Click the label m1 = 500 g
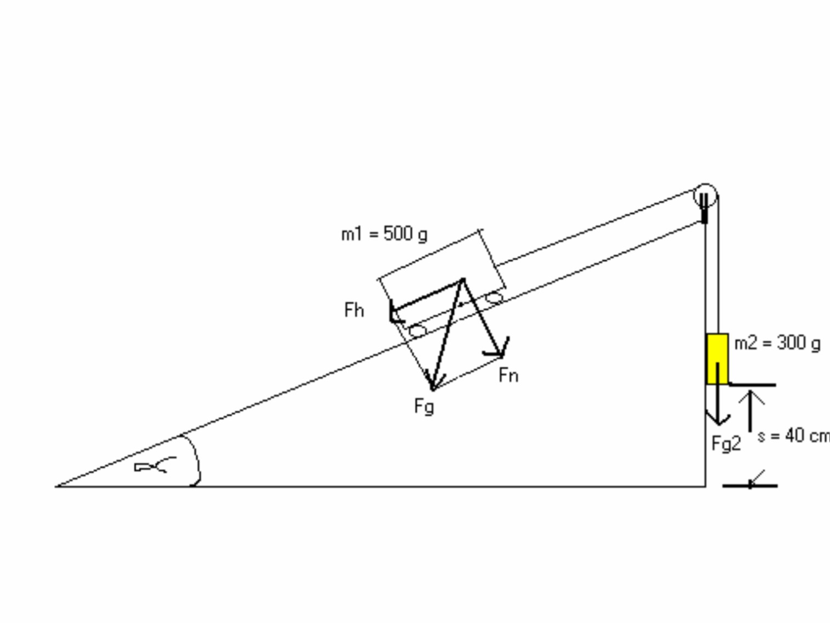point(384,235)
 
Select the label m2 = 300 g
point(777,344)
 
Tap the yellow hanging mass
point(717,359)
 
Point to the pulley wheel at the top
point(705,196)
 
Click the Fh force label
point(354,310)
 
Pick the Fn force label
point(508,375)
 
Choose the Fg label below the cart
point(424,407)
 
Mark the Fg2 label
point(726,443)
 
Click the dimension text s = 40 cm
point(794,436)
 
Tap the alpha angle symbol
point(155,465)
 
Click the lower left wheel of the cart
point(418,331)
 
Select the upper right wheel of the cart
point(494,298)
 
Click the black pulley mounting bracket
point(705,208)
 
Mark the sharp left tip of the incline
point(55,487)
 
